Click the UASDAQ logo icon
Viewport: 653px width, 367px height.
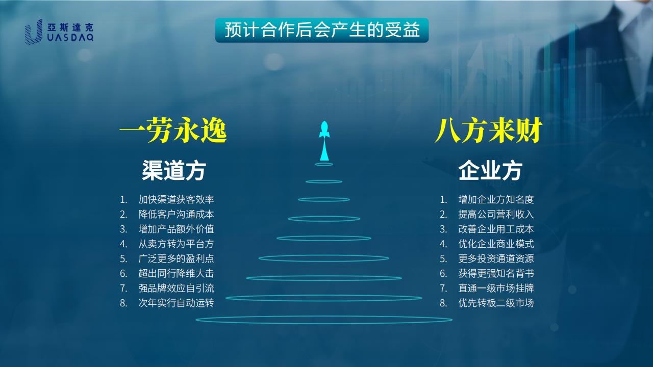34,32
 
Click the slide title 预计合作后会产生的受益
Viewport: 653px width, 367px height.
322,30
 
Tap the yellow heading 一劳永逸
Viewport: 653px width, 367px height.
173,130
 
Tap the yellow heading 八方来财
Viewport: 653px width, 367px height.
488,130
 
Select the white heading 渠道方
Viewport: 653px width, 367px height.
174,170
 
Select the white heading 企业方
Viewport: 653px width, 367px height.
490,170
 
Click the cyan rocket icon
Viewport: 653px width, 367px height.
324,141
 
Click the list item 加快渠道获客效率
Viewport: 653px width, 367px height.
176,199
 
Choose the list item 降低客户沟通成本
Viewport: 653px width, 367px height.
176,215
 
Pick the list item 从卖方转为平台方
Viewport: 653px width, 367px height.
176,244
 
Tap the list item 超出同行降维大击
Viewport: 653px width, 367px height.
176,274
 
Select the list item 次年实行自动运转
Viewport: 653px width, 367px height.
176,303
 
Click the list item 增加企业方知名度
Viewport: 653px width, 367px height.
496,199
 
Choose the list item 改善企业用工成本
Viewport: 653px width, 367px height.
496,229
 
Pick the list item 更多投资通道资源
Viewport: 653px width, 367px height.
496,258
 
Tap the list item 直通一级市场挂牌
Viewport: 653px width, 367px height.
496,288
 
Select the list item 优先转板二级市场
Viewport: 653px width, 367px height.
496,303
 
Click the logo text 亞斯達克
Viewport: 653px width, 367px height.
70,28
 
